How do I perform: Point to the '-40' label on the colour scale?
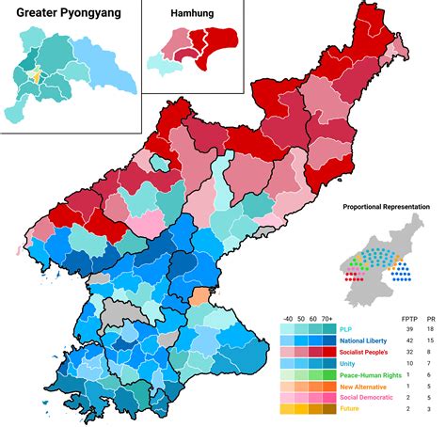coord(287,318)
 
